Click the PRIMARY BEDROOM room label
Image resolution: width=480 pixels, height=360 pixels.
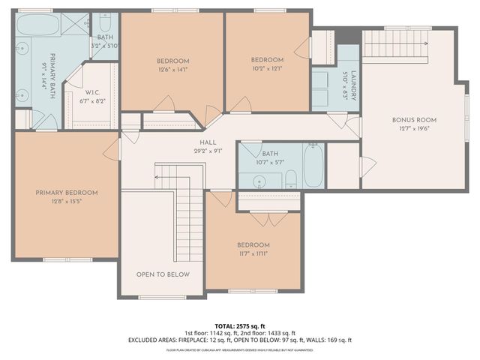tap(66, 193)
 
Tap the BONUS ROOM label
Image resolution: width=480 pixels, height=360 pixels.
tap(414, 119)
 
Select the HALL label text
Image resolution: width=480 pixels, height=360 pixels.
tap(208, 142)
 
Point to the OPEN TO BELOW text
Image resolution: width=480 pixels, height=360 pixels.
tap(163, 274)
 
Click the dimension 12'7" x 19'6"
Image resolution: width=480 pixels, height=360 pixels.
tap(414, 128)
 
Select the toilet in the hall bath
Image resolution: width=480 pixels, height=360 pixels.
tap(292, 178)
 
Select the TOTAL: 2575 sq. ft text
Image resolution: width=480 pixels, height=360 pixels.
tap(239, 325)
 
